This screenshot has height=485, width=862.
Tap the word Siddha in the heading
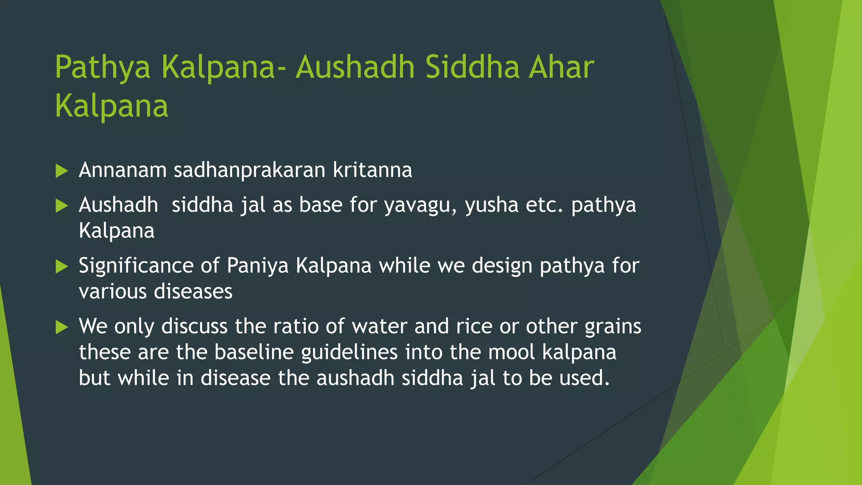(472, 67)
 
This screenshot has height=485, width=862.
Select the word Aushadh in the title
(355, 67)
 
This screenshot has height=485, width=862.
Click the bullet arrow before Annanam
(61, 171)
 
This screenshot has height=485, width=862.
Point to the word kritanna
(372, 170)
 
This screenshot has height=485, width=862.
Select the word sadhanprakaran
(250, 170)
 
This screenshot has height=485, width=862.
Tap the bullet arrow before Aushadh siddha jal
(61, 206)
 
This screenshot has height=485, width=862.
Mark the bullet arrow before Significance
(61, 266)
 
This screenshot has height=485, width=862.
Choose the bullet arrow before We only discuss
(61, 327)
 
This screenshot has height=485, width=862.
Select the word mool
(511, 352)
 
